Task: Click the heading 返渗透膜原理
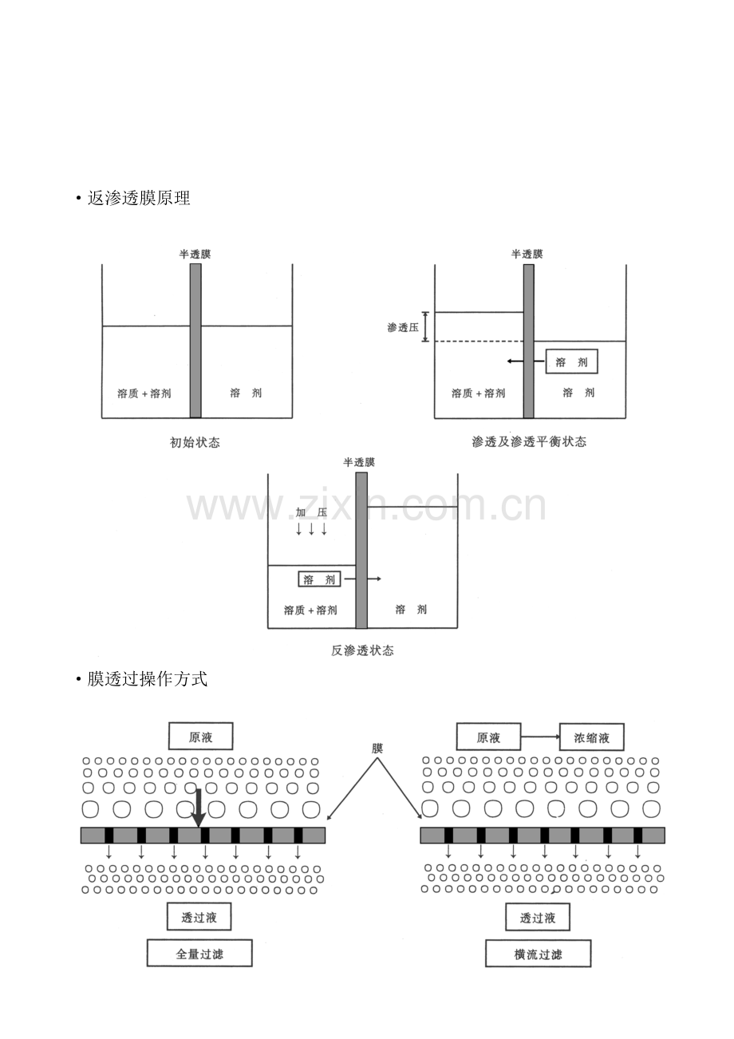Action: [x=139, y=198]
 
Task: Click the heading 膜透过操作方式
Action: [x=147, y=679]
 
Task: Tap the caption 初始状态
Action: [x=195, y=443]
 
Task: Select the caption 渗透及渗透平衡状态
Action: [x=529, y=441]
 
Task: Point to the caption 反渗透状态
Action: [x=362, y=650]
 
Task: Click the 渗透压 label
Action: [x=403, y=327]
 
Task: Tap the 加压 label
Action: [x=311, y=512]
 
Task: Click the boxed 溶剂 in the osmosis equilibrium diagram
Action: [x=571, y=361]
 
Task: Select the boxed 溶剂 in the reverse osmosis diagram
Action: [x=319, y=579]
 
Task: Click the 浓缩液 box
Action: [x=591, y=737]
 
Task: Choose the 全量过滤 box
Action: [x=199, y=953]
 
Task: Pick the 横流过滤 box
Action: [x=538, y=953]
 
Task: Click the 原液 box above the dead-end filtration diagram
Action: [x=200, y=736]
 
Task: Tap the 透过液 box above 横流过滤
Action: [x=538, y=917]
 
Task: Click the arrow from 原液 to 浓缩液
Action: [x=540, y=737]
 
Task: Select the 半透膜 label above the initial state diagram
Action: [x=195, y=255]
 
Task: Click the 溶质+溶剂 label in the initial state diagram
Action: [x=144, y=393]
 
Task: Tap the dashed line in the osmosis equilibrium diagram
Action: [x=479, y=342]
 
